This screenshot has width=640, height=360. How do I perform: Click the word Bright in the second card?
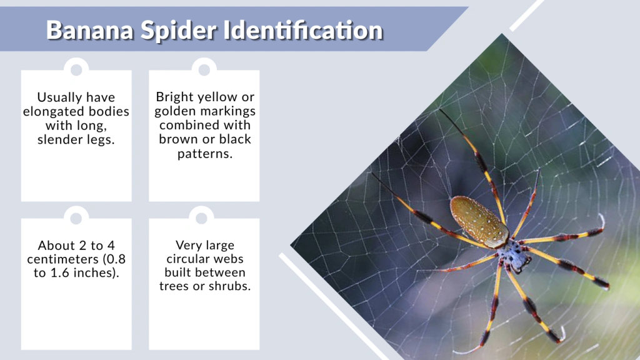(174, 97)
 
